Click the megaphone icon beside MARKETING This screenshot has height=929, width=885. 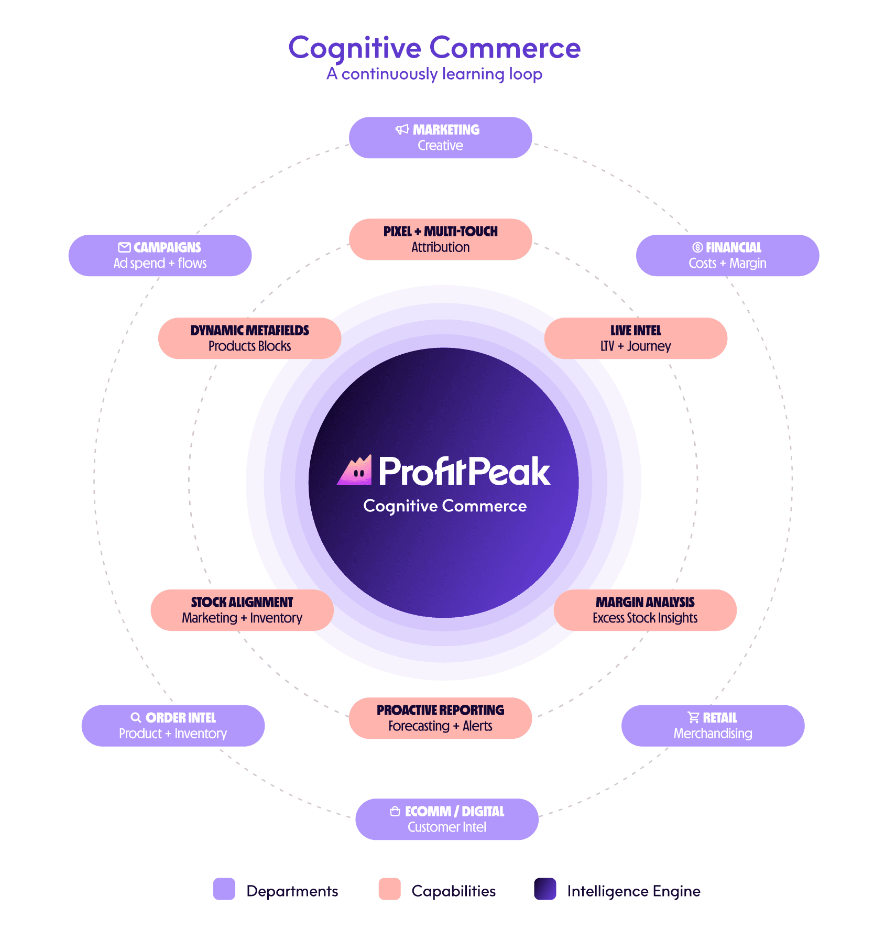[x=402, y=129]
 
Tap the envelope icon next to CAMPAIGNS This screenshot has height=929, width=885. [x=124, y=247]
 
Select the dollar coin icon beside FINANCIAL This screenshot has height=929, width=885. [x=697, y=247]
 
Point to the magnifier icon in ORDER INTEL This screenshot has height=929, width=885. [x=136, y=718]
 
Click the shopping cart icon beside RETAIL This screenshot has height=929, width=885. [x=693, y=717]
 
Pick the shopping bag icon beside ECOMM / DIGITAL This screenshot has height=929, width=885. [x=395, y=811]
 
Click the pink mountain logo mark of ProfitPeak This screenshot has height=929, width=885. [x=355, y=471]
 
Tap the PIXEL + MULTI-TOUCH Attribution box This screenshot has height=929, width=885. [x=440, y=239]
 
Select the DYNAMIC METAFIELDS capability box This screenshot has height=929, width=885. [x=249, y=338]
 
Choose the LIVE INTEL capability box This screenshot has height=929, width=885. [x=635, y=338]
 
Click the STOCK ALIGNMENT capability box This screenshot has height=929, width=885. [x=242, y=610]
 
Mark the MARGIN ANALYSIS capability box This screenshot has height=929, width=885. [x=644, y=610]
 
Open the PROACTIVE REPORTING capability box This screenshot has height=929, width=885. [x=440, y=718]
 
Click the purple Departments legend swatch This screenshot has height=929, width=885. [x=224, y=889]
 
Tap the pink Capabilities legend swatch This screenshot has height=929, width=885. [x=389, y=889]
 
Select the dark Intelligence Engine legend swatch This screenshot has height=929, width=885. [x=545, y=889]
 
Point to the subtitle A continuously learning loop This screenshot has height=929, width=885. [x=434, y=74]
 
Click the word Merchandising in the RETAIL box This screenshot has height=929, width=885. [x=713, y=734]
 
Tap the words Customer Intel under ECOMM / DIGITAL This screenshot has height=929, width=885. [x=447, y=827]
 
